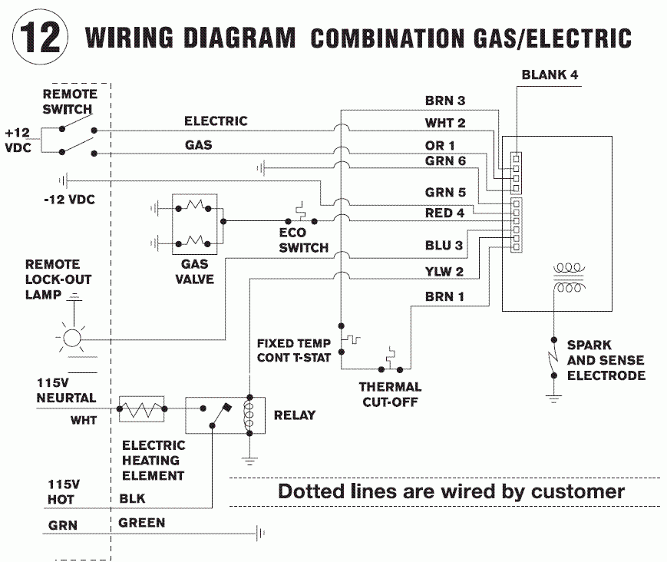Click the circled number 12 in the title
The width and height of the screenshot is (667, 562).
click(x=38, y=37)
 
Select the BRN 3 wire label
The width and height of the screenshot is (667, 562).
click(x=445, y=101)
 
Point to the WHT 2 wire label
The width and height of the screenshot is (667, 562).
click(x=445, y=123)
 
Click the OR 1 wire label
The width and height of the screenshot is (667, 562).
click(x=441, y=145)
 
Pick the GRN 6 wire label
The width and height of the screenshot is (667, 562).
click(x=445, y=160)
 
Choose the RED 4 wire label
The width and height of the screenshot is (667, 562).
click(x=445, y=213)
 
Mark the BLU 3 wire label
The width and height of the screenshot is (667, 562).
click(x=445, y=247)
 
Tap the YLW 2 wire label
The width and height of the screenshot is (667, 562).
click(x=445, y=271)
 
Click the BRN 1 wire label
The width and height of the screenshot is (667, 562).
click(x=445, y=297)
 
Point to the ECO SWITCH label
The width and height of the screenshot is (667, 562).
click(x=304, y=241)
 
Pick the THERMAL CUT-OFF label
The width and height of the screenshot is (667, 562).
click(x=390, y=395)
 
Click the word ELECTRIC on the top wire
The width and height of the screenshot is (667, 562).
click(x=216, y=121)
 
